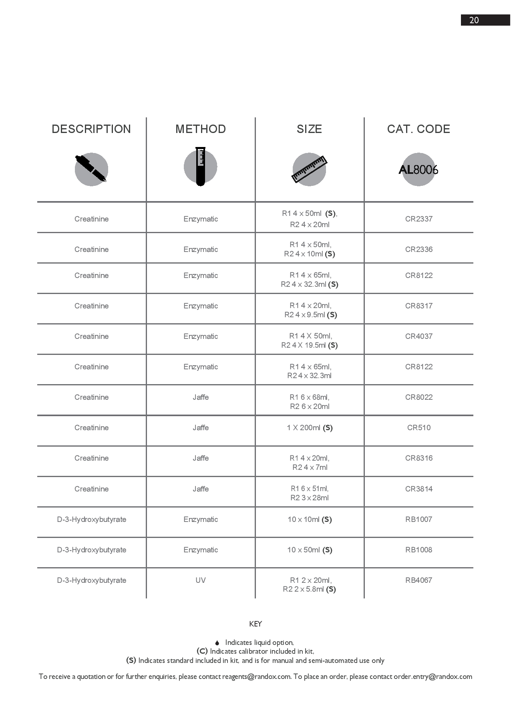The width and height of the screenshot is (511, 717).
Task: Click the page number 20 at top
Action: point(474,20)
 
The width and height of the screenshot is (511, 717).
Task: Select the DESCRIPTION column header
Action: point(91,129)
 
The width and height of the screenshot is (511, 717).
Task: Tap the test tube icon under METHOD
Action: point(200,167)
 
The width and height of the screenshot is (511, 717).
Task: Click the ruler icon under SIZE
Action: point(310,169)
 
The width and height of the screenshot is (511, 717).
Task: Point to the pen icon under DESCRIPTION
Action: point(91,169)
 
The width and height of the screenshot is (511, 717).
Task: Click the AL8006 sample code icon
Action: point(418,169)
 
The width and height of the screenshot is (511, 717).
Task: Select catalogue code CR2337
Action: point(418,219)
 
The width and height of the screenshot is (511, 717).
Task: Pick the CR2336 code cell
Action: point(418,249)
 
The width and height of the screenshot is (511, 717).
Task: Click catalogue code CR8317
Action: point(418,306)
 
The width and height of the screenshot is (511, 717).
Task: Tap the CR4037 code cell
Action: point(418,336)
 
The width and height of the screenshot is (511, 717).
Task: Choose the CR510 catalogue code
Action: point(418,428)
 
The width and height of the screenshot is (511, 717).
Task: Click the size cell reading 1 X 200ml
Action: point(310,428)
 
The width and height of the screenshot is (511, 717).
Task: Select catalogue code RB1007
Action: point(418,520)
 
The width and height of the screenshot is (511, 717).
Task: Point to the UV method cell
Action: point(201,580)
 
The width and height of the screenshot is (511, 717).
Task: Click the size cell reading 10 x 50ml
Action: point(310,550)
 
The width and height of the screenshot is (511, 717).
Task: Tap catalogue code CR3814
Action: point(418,489)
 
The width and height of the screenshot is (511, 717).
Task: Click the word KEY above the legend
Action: point(255,624)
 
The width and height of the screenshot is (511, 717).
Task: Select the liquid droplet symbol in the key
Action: point(217,643)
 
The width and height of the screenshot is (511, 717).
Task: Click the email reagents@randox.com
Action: point(256,677)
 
